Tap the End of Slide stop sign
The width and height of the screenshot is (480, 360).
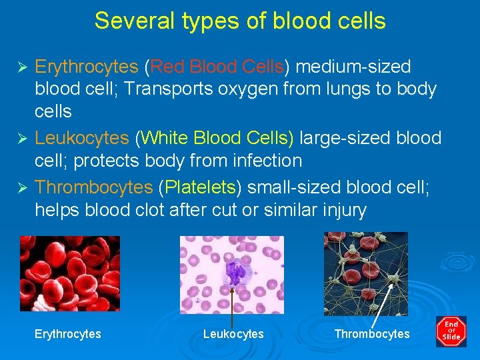click(451, 331)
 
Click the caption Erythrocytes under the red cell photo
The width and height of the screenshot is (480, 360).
click(68, 334)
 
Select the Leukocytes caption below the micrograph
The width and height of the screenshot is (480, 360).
click(233, 334)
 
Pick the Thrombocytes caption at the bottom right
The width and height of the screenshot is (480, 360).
click(372, 334)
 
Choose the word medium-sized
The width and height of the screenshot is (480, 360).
click(353, 67)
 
